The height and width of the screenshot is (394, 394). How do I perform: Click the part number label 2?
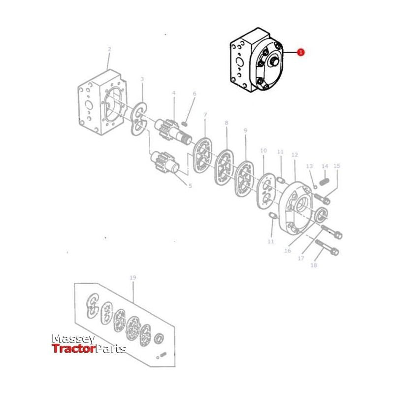point(109,49)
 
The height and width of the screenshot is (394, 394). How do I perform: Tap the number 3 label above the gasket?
point(142,79)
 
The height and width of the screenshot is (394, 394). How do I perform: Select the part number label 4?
point(173,93)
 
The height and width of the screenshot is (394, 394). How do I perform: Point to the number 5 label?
point(190,186)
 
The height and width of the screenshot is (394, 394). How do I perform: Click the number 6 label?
point(194,94)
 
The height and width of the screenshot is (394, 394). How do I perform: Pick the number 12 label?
point(295,155)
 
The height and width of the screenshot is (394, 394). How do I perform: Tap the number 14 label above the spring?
point(325,166)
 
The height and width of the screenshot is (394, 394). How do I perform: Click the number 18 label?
point(314,265)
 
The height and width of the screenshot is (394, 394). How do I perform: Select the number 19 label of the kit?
point(132,278)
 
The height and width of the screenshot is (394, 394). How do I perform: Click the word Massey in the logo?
point(73,339)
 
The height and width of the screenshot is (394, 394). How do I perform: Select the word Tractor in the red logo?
point(73,349)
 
